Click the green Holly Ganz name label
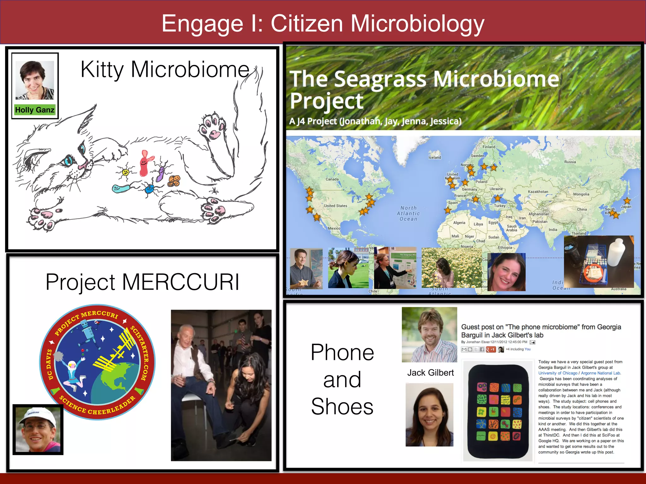(x=35, y=110)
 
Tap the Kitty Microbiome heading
(x=165, y=69)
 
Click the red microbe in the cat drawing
(x=145, y=164)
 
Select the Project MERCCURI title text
(x=142, y=282)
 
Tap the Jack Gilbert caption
(x=430, y=373)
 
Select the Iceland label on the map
(x=435, y=158)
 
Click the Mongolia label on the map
(x=581, y=194)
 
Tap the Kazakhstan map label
(x=538, y=192)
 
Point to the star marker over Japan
(x=627, y=201)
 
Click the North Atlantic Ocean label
(x=408, y=213)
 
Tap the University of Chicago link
(x=558, y=373)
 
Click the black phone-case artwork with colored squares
(x=498, y=411)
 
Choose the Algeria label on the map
(x=459, y=223)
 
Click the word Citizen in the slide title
(x=307, y=24)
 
